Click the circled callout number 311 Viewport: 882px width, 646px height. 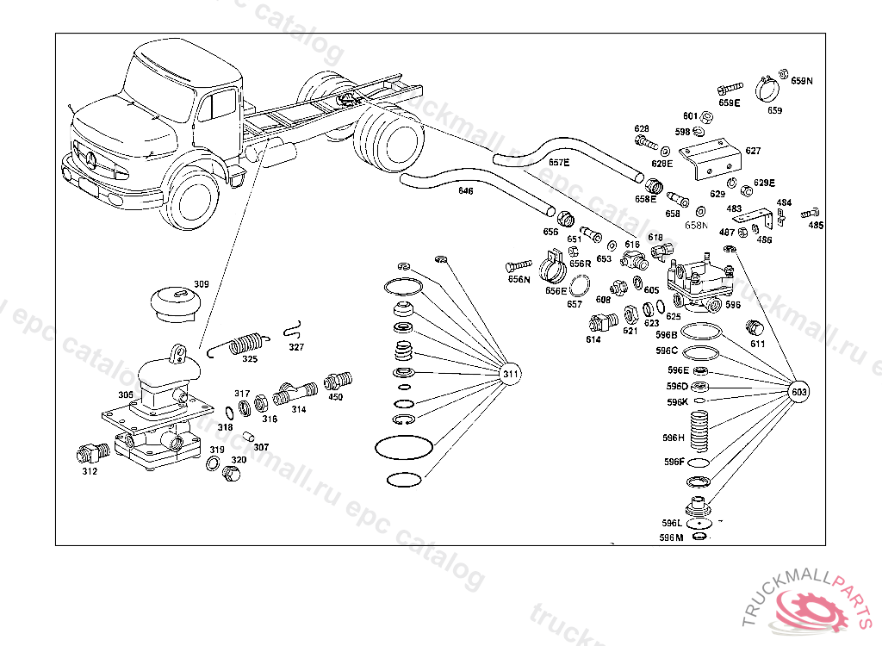point(511,374)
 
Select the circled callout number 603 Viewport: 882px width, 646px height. point(800,391)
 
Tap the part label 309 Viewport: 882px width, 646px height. point(201,284)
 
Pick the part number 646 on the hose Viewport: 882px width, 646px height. point(465,190)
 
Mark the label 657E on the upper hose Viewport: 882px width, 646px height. point(559,162)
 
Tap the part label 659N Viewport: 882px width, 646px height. point(802,81)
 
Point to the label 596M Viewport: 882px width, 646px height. point(671,537)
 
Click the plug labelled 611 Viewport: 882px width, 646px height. point(754,328)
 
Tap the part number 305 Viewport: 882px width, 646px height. point(126,395)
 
